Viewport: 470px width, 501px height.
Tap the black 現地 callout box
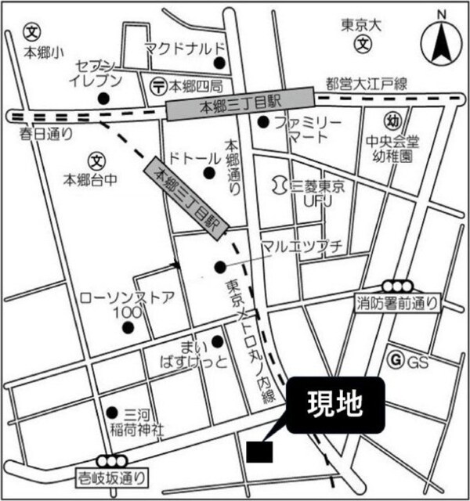(335, 405)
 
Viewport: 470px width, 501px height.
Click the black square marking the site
(259, 452)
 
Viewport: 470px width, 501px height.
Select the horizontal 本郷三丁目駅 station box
(240, 103)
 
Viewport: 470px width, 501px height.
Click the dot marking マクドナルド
(220, 63)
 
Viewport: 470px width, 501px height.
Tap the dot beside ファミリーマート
(264, 121)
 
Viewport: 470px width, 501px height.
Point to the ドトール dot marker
(209, 174)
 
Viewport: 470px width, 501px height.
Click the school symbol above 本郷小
(32, 34)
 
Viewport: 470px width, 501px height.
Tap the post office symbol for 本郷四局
(157, 85)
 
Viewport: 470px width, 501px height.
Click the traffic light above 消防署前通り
(396, 287)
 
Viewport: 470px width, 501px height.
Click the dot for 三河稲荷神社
(110, 412)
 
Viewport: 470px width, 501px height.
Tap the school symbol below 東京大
(363, 45)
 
